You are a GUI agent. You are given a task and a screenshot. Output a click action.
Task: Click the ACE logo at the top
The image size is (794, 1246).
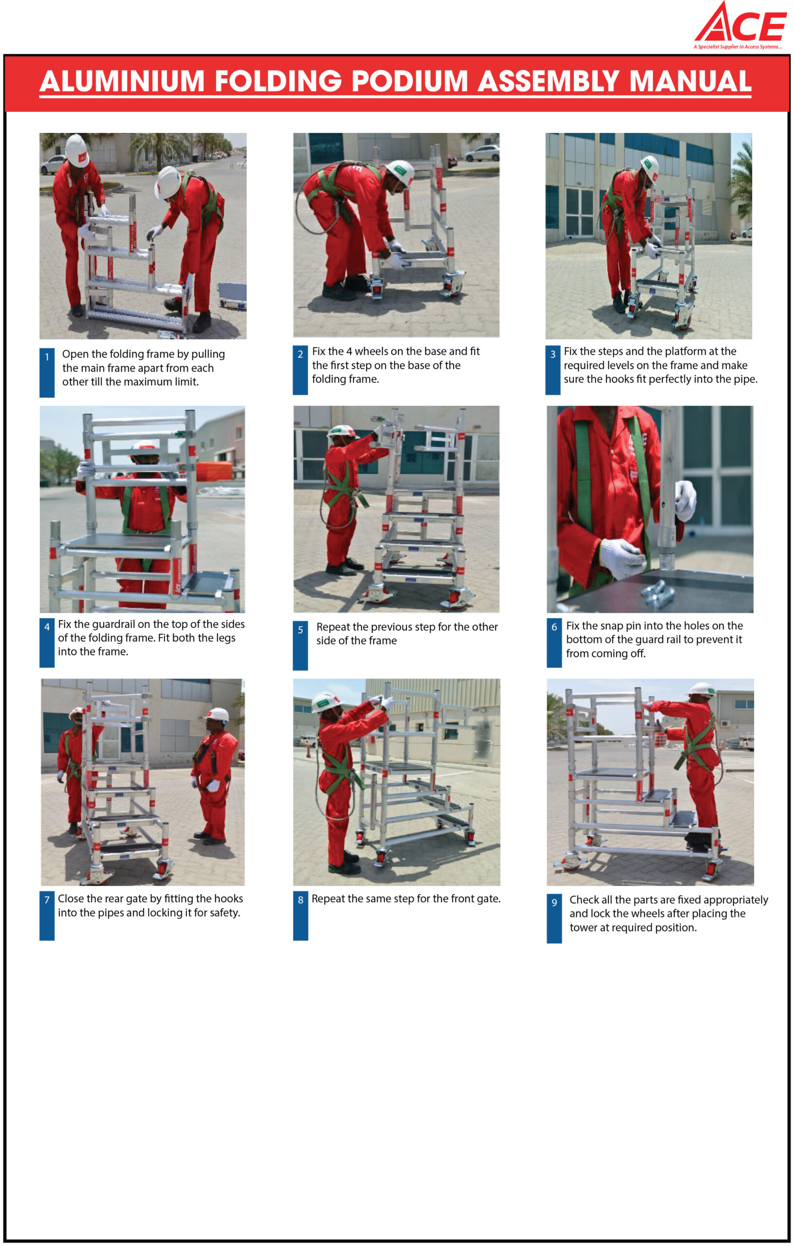point(740,26)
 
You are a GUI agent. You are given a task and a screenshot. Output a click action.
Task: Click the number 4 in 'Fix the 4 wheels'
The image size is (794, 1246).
point(349,351)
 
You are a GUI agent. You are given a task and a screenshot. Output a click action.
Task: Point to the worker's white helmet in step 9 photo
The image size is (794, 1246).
point(703,690)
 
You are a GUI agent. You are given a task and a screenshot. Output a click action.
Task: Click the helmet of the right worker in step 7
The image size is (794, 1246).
point(218,715)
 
